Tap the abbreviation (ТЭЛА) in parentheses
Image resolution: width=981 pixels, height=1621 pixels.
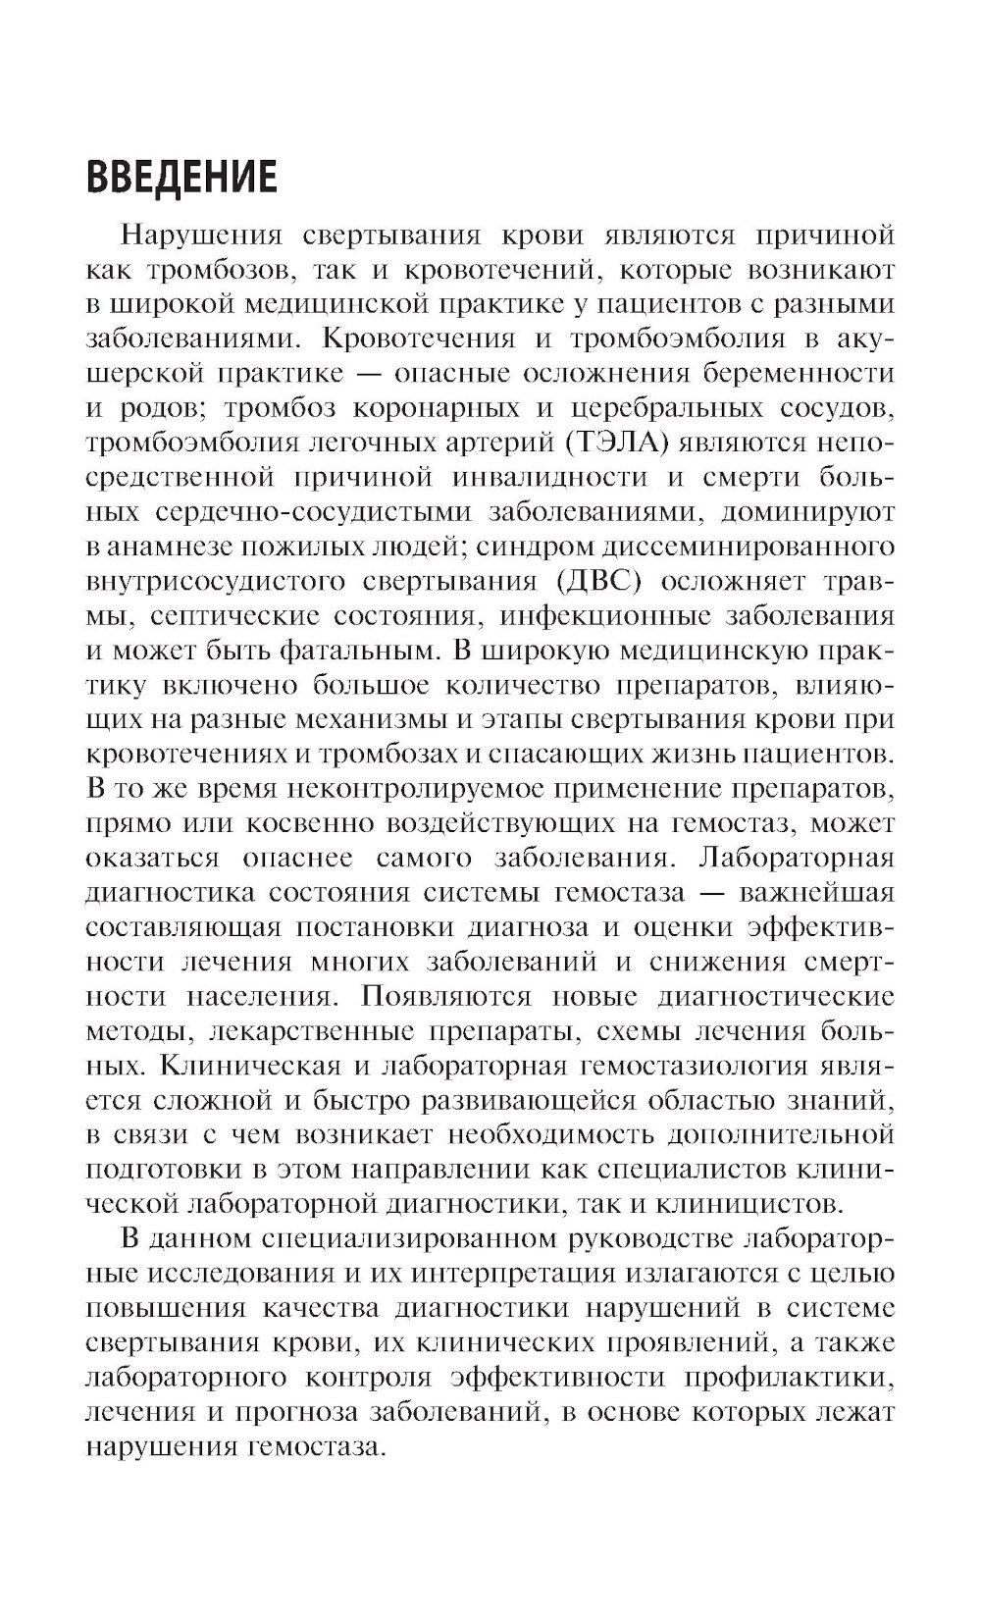click(x=616, y=443)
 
